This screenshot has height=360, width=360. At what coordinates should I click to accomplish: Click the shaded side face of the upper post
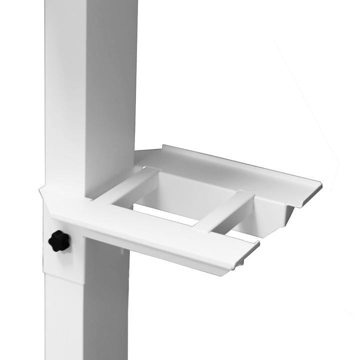click(112, 90)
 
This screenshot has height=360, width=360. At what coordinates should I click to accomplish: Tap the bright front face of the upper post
click(65, 90)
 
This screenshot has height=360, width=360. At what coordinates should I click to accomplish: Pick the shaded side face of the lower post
click(107, 310)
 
